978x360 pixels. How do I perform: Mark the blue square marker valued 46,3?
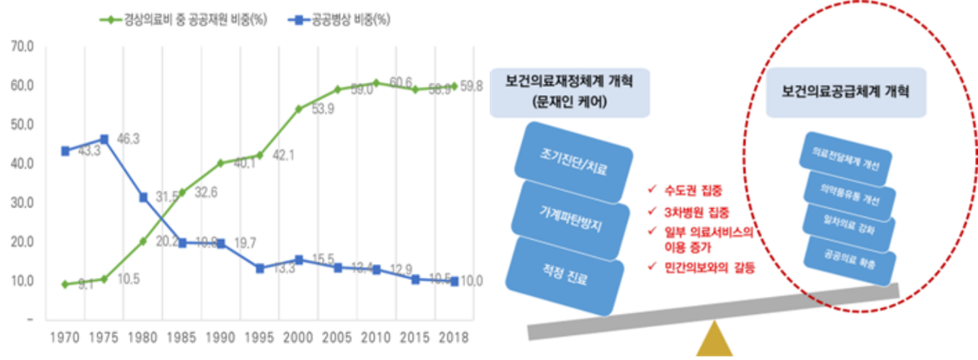pyautogui.click(x=104, y=139)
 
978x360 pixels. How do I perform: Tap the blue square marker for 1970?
pyautogui.click(x=66, y=151)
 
